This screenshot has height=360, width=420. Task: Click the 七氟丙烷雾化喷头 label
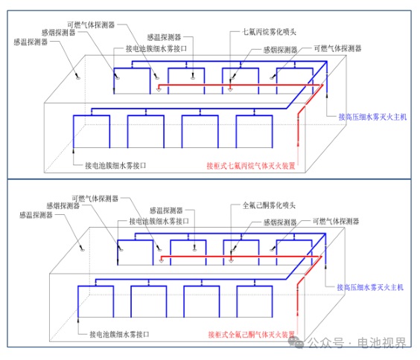click(x=269, y=32)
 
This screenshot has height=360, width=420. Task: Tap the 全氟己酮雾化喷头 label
click(x=269, y=205)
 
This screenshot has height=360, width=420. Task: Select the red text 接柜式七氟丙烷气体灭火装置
click(x=251, y=166)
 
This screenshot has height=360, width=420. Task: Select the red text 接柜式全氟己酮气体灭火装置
click(x=251, y=334)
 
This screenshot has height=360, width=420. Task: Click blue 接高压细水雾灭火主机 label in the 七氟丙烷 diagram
click(x=372, y=117)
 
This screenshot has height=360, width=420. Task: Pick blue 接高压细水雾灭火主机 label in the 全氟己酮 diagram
click(x=370, y=287)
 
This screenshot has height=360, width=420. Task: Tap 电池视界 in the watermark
click(x=382, y=343)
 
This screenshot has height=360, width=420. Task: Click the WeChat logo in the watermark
click(x=296, y=342)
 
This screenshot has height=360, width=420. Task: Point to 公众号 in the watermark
click(x=325, y=343)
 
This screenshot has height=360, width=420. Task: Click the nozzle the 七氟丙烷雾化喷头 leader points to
click(x=230, y=89)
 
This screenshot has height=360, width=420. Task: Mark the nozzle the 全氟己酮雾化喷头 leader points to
click(x=231, y=260)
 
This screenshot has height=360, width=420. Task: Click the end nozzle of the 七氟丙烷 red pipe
click(x=159, y=89)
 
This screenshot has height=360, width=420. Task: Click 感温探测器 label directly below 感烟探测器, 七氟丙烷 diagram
click(x=31, y=42)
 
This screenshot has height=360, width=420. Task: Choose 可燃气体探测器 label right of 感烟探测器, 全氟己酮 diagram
click(x=336, y=221)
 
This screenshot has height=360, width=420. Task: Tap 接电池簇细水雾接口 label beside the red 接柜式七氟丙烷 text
click(x=115, y=166)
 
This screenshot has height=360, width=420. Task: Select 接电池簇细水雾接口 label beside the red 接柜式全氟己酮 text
click(x=119, y=334)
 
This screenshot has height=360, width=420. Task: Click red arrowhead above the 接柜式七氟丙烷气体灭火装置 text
click(x=298, y=144)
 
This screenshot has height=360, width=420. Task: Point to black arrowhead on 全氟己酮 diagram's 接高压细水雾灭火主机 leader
click(x=325, y=266)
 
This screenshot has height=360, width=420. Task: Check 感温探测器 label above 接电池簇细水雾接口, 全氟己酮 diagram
click(x=166, y=210)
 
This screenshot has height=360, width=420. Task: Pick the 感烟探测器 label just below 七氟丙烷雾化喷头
click(x=280, y=50)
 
